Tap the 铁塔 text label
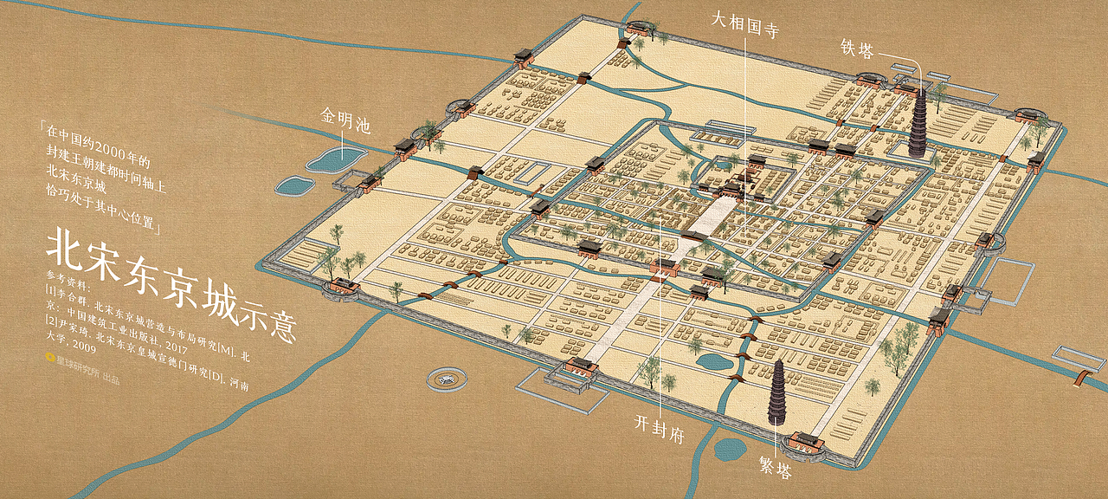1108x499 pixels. (x=858, y=49)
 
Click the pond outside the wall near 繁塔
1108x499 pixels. (x=729, y=448)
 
